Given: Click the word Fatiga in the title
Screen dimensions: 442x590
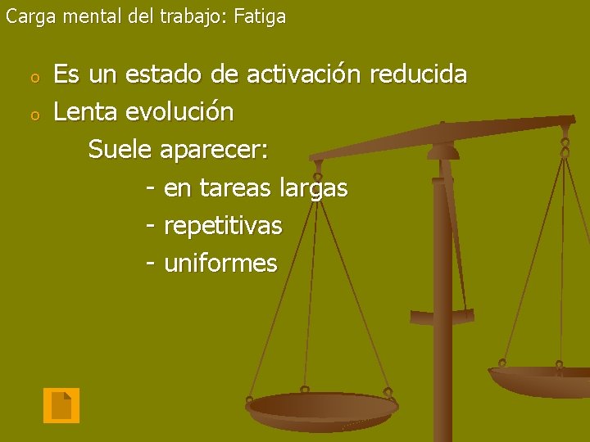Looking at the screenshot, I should coord(260,16).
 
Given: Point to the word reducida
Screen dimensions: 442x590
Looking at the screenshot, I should coord(419,75).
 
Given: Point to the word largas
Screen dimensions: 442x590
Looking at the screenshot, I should coord(314,189).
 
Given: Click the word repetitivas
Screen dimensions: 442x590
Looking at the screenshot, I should coord(223,226).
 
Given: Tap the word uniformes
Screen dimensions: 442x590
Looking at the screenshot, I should coord(220,264).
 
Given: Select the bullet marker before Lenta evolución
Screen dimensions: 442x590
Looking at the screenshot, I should coord(34,115).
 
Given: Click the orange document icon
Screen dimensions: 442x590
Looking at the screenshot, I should coord(61,405).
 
